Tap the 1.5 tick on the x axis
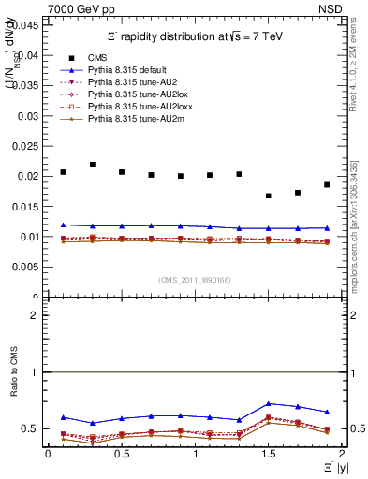pyautogui.click(x=268, y=454)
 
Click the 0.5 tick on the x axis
pyautogui.click(x=122, y=454)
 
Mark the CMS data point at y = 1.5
pyautogui.click(x=269, y=196)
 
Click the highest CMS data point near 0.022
pyautogui.click(x=93, y=165)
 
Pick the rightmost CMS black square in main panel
pyautogui.click(x=327, y=184)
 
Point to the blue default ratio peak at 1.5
pyautogui.click(x=269, y=403)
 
